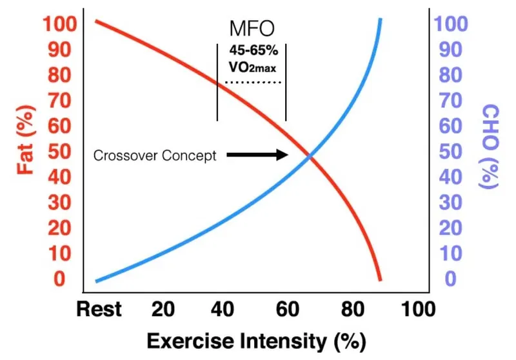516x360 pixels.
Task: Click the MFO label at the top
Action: tap(252, 29)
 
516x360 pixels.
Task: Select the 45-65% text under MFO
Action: tap(252, 49)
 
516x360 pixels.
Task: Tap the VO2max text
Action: tap(252, 66)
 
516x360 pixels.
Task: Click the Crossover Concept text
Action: tap(155, 155)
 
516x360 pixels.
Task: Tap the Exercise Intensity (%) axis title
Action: tap(252, 339)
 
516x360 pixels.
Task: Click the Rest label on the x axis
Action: tap(99, 310)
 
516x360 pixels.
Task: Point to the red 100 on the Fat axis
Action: tap(60, 25)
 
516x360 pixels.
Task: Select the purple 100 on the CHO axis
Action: tap(452, 25)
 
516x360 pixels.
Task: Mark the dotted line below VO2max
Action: tap(252, 83)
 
